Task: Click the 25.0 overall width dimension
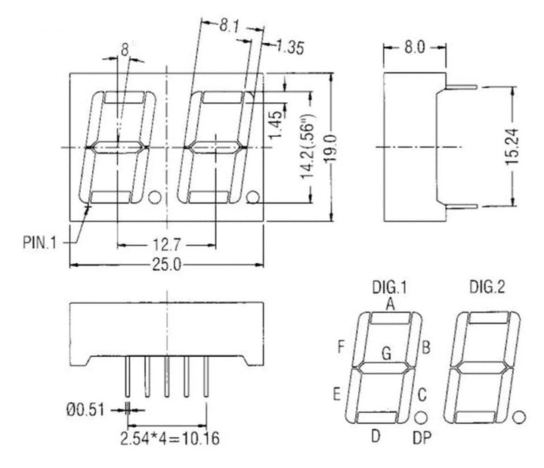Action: [167, 265]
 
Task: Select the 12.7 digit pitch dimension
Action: [167, 245]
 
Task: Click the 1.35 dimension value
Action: [288, 48]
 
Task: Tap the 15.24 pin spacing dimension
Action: [513, 145]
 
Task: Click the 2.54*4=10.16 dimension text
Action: [175, 439]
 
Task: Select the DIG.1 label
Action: [390, 287]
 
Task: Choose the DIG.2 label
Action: [488, 287]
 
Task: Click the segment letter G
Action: [387, 352]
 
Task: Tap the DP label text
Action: [423, 437]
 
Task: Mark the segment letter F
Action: [342, 348]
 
